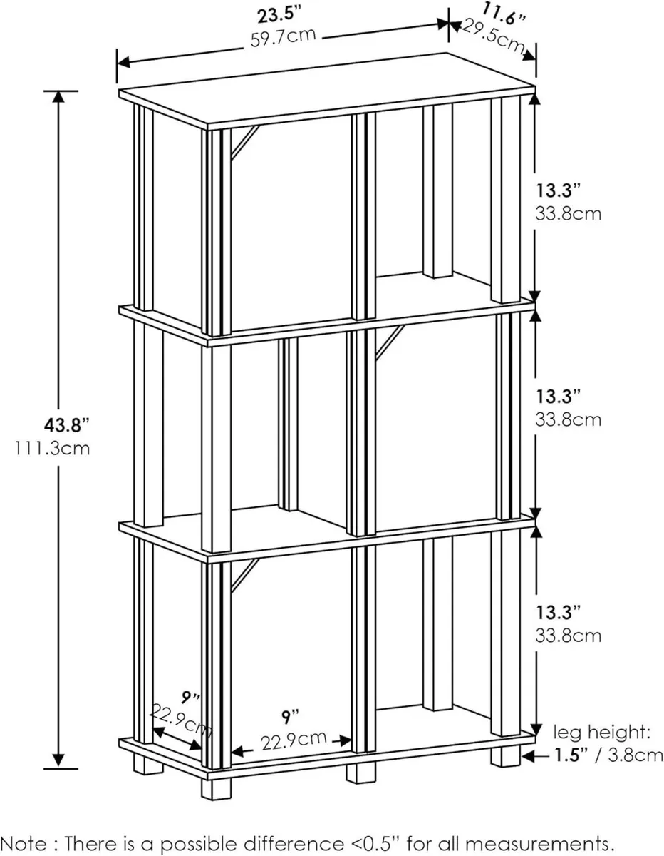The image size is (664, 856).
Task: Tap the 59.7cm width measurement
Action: tap(283, 37)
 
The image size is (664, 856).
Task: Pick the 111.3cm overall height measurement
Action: tap(52, 449)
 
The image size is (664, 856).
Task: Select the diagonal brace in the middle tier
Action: tap(390, 342)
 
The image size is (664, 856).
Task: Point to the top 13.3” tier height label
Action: tap(558, 190)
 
